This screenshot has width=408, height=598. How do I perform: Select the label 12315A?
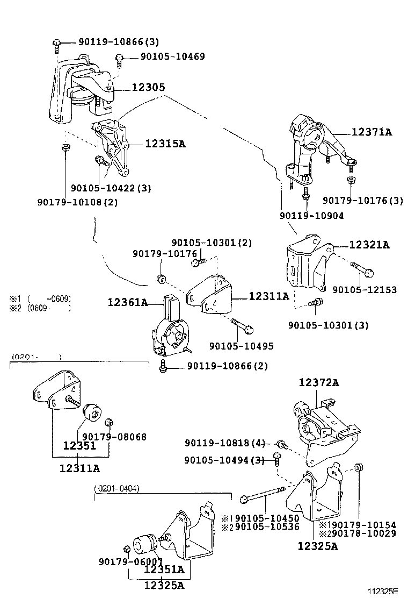(165, 144)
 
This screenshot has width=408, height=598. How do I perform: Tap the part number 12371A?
(371, 131)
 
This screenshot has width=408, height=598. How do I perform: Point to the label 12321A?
(369, 245)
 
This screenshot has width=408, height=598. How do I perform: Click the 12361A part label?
(128, 303)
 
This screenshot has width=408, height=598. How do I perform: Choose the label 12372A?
(319, 382)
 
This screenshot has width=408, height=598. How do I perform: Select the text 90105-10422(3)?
(111, 188)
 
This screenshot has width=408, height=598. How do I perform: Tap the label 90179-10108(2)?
(77, 202)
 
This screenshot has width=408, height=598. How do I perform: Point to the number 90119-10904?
(311, 215)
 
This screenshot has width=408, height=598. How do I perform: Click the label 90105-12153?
(365, 290)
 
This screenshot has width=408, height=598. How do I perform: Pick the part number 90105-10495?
(241, 346)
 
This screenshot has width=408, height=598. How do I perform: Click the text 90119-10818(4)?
(225, 443)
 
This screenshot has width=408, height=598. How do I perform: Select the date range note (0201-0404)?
(116, 488)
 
